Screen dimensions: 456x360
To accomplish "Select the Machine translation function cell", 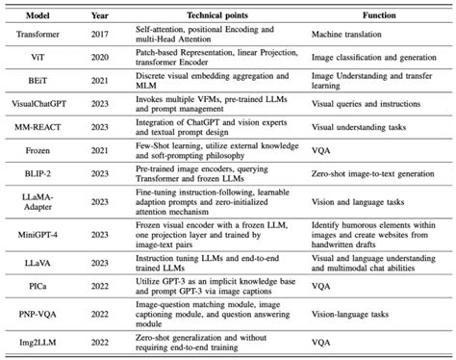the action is click(343, 34).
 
